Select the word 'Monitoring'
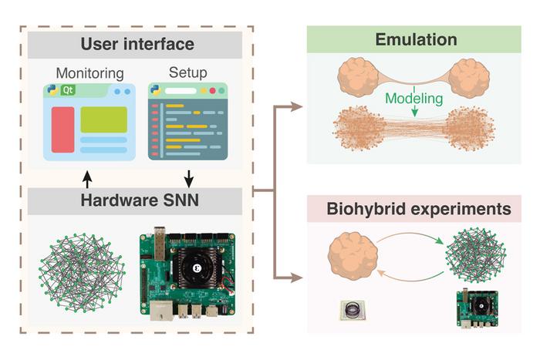(89, 73)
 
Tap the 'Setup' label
(187, 72)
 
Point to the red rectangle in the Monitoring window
(62, 130)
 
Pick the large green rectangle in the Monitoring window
(103, 120)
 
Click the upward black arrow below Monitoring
(87, 178)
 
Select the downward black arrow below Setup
(187, 178)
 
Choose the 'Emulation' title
(416, 39)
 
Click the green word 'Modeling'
(416, 99)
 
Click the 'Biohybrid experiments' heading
(418, 209)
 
